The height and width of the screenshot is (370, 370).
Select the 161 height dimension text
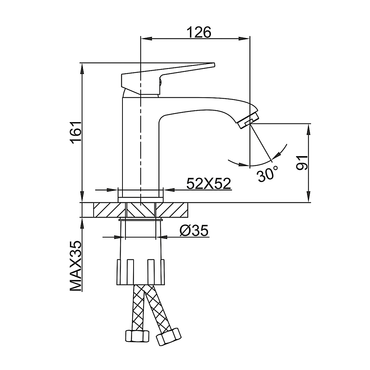76,132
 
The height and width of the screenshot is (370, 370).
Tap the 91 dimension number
302,162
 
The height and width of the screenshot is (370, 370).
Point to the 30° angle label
268,174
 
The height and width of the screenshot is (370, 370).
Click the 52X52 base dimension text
208,184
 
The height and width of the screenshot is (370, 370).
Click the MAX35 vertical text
75,266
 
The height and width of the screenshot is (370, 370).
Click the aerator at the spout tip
248,120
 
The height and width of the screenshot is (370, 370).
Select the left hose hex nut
137,335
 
